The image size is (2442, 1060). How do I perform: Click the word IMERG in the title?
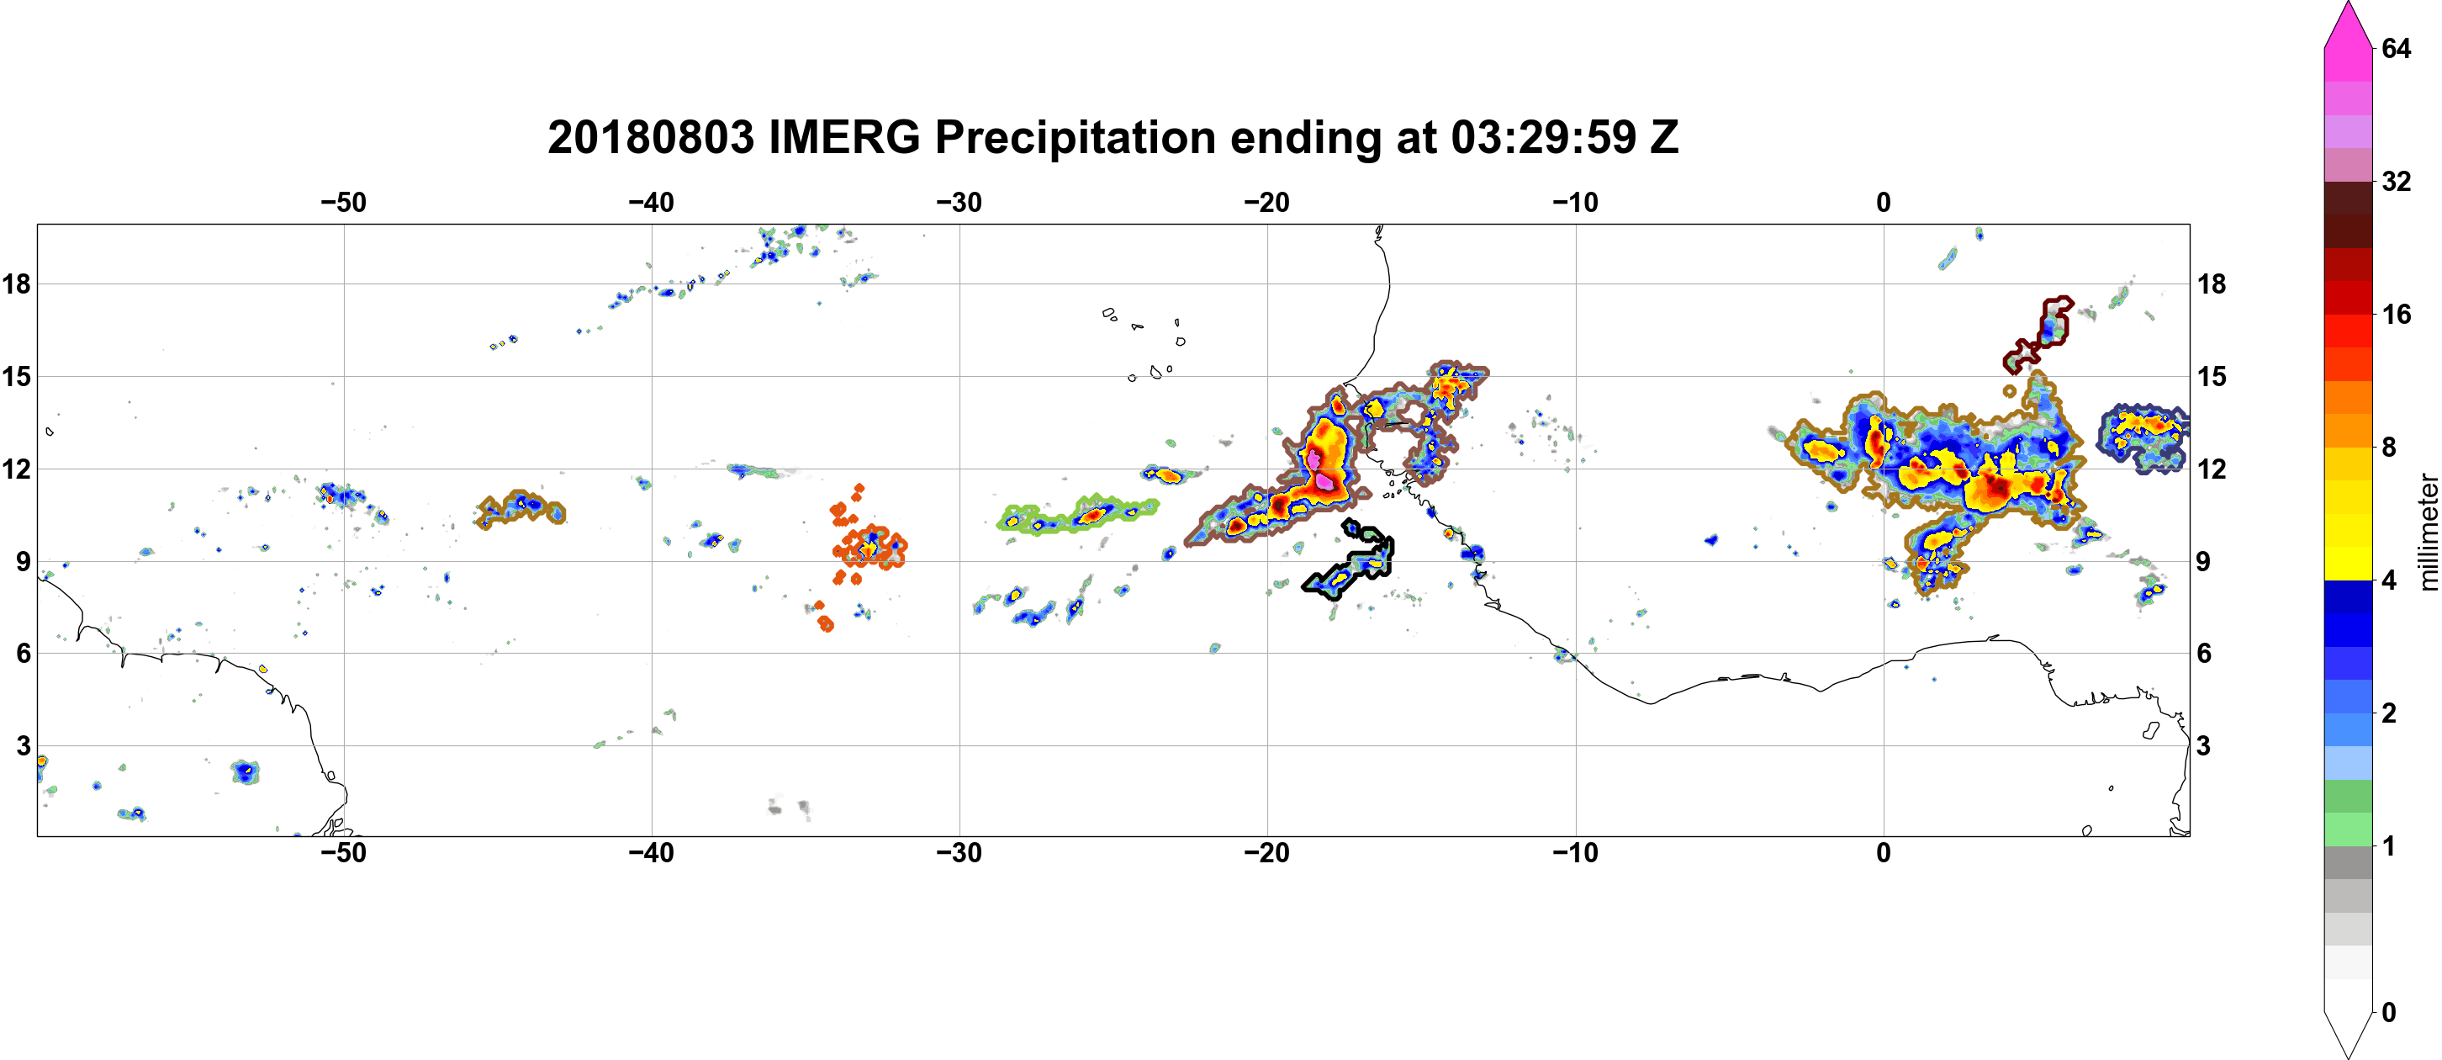pyautogui.click(x=843, y=137)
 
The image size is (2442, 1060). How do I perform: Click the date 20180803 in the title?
pyautogui.click(x=650, y=137)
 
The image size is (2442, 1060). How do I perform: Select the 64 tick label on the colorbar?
pyautogui.click(x=2397, y=48)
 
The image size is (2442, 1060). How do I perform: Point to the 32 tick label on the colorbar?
pyautogui.click(x=2397, y=181)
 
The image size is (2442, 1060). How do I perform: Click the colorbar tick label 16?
pyautogui.click(x=2397, y=315)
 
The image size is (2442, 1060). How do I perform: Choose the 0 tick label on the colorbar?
pyautogui.click(x=2389, y=1013)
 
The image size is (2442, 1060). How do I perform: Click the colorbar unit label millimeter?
pyautogui.click(x=2428, y=531)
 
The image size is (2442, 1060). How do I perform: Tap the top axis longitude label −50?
pyautogui.click(x=343, y=203)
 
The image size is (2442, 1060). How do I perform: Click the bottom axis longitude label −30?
pyautogui.click(x=959, y=853)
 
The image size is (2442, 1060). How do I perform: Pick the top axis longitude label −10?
pyautogui.click(x=1576, y=203)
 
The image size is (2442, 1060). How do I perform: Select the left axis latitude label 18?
pyautogui.click(x=16, y=284)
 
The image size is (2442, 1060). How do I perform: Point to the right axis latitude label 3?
pyautogui.click(x=2204, y=746)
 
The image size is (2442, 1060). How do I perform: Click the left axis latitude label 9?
pyautogui.click(x=23, y=561)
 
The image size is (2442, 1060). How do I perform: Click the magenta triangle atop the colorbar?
pyautogui.click(x=2348, y=24)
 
